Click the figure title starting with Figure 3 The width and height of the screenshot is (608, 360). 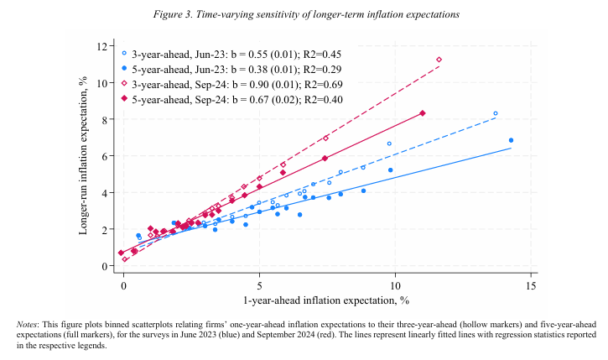(x=306, y=15)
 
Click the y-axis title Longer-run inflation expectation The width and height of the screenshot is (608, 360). (x=82, y=155)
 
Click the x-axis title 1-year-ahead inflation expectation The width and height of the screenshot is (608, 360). (x=326, y=300)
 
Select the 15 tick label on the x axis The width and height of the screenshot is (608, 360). (x=531, y=286)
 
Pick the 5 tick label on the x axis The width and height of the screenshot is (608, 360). (x=259, y=286)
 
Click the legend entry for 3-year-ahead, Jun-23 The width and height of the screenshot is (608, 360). (x=231, y=55)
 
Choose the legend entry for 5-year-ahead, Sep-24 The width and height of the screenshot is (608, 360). (x=231, y=100)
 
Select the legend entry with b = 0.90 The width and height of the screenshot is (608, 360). (x=231, y=85)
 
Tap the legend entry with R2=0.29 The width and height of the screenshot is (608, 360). (x=231, y=70)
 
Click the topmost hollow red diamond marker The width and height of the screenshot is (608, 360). (x=439, y=60)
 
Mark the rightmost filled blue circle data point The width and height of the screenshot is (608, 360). (x=511, y=140)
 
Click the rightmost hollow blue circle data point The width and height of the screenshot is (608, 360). (x=496, y=113)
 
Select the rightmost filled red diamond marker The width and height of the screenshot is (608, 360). (x=423, y=113)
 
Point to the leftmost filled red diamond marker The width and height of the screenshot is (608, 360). (x=121, y=253)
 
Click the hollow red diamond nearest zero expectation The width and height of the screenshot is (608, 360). (x=124, y=259)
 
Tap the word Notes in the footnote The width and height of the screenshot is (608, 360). (x=27, y=325)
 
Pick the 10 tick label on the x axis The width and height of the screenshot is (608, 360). (x=395, y=286)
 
